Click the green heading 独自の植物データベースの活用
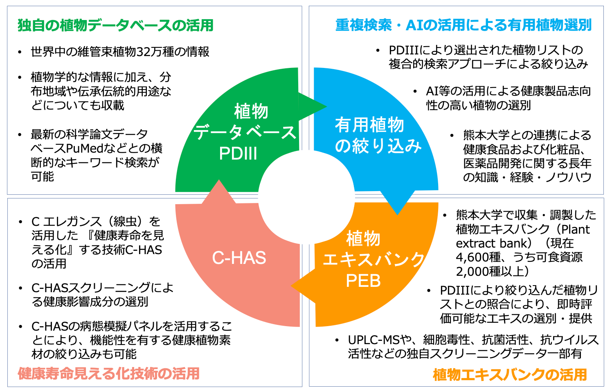tap(115, 25)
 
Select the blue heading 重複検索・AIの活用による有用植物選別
tap(463, 25)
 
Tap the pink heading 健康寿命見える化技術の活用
tap(109, 373)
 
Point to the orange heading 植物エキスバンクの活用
tap(510, 374)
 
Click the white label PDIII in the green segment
tap(238, 153)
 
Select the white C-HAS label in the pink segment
tap(239, 258)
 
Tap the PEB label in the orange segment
tap(363, 281)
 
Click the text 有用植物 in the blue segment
tap(369, 125)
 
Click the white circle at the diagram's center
tap(306, 197)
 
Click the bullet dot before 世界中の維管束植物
tap(20, 52)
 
